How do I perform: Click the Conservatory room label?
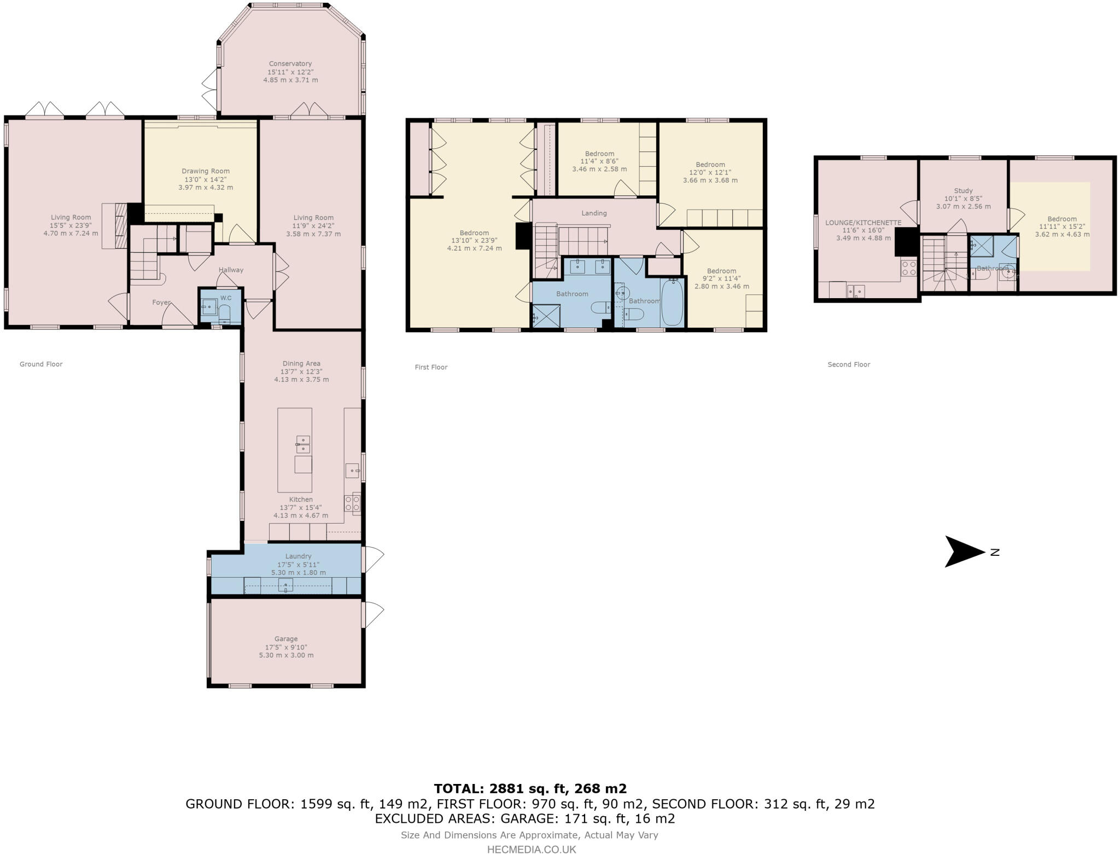pyautogui.click(x=290, y=63)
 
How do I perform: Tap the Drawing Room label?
pyautogui.click(x=206, y=171)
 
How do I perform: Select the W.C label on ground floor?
pyautogui.click(x=226, y=298)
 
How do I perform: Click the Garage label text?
pyautogui.click(x=286, y=638)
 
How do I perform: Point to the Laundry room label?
pyautogui.click(x=298, y=556)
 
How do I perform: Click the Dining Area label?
pyautogui.click(x=301, y=363)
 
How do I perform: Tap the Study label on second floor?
pyautogui.click(x=963, y=191)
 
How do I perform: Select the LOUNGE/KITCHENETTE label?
pyautogui.click(x=863, y=223)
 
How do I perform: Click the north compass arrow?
pyautogui.click(x=965, y=551)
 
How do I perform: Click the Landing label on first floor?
pyautogui.click(x=594, y=213)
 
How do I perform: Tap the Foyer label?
pyautogui.click(x=161, y=303)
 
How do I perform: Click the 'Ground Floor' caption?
pyautogui.click(x=41, y=364)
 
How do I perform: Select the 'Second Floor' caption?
pyautogui.click(x=848, y=364)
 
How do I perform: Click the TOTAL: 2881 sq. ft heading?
pyautogui.click(x=530, y=788)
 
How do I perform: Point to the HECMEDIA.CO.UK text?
pyautogui.click(x=532, y=849)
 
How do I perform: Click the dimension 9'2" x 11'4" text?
pyautogui.click(x=721, y=278)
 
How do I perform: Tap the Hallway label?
pyautogui.click(x=231, y=270)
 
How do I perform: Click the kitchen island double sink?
pyautogui.click(x=303, y=444)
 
